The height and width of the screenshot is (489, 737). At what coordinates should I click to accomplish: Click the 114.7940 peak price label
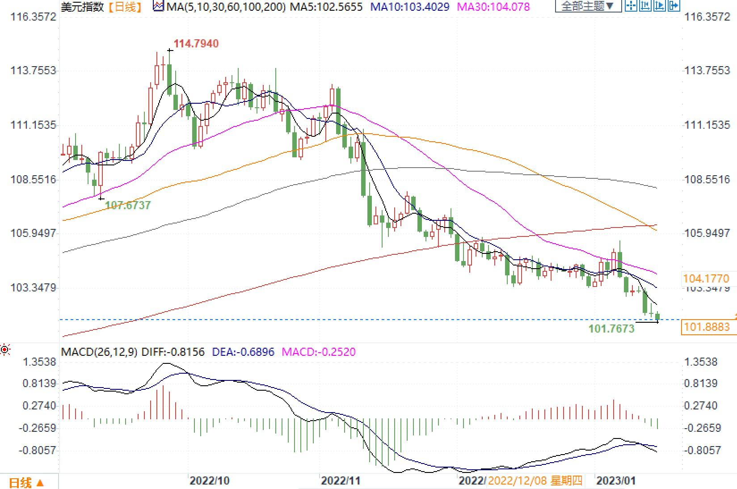pyautogui.click(x=196, y=44)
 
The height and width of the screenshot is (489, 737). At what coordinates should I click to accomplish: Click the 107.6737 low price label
pyautogui.click(x=128, y=205)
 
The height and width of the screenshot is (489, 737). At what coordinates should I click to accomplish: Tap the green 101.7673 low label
pyautogui.click(x=611, y=329)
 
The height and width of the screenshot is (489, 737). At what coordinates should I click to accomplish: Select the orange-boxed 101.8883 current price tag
pyautogui.click(x=707, y=327)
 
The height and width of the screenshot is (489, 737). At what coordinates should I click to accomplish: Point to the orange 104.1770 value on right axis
pyautogui.click(x=706, y=279)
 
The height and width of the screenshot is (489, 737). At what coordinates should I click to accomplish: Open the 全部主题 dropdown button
pyautogui.click(x=588, y=6)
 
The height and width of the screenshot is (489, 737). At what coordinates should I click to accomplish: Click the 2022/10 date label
pyautogui.click(x=209, y=481)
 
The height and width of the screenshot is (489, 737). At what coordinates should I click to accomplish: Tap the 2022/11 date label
pyautogui.click(x=341, y=481)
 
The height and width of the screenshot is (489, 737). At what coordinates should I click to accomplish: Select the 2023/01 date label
pyautogui.click(x=616, y=481)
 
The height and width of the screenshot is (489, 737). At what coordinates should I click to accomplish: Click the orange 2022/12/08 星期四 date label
pyautogui.click(x=535, y=481)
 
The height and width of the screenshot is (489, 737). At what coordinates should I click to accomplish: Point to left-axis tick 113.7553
pyautogui.click(x=34, y=71)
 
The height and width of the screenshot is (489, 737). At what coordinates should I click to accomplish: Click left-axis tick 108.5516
pyautogui.click(x=34, y=180)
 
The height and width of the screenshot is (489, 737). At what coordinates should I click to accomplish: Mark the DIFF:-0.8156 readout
pyautogui.click(x=173, y=352)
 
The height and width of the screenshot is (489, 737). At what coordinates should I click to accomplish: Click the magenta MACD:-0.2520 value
pyautogui.click(x=318, y=352)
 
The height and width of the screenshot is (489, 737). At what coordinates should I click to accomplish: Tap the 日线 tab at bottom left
pyautogui.click(x=26, y=483)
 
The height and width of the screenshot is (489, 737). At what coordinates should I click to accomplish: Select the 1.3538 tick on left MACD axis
pyautogui.click(x=39, y=362)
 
